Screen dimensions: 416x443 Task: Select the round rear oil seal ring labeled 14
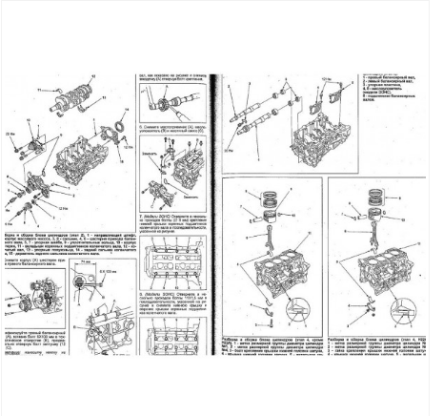121,131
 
